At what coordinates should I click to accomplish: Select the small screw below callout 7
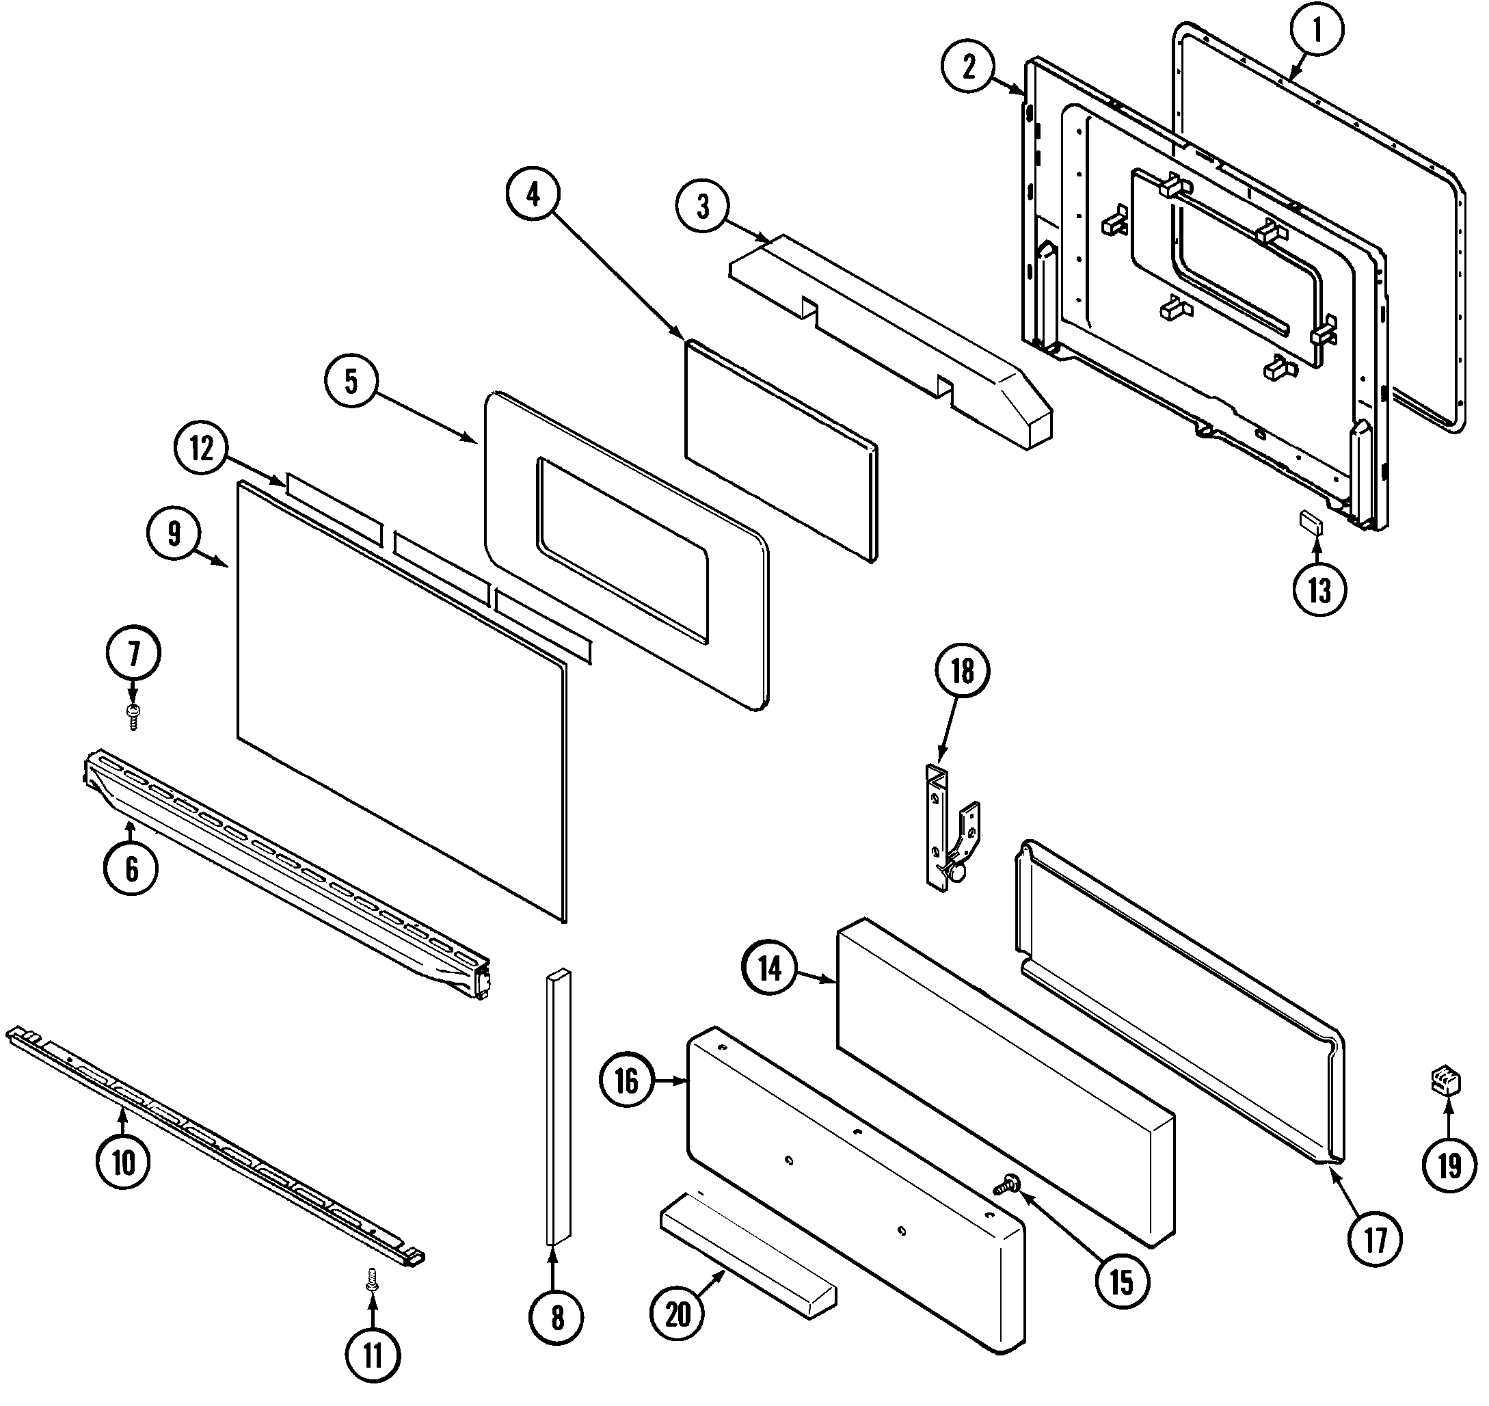coord(134,716)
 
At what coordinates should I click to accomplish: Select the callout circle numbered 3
coord(703,207)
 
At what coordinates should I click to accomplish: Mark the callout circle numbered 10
coord(124,1163)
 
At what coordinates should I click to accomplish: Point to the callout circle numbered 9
coord(174,534)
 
